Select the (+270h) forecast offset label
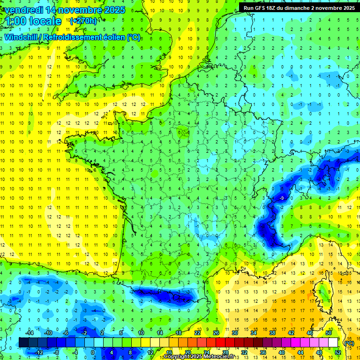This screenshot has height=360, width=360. (83, 21)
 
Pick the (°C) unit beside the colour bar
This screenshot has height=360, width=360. (349, 343)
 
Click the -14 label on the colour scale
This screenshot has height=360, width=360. (29, 333)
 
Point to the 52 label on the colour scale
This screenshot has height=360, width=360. (338, 352)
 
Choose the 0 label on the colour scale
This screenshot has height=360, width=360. (93, 352)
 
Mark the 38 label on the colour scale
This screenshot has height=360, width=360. (272, 333)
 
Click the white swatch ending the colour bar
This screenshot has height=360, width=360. (333, 343)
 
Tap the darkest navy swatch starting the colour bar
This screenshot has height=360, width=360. (23, 343)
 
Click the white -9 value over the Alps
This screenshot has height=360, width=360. (281, 199)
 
